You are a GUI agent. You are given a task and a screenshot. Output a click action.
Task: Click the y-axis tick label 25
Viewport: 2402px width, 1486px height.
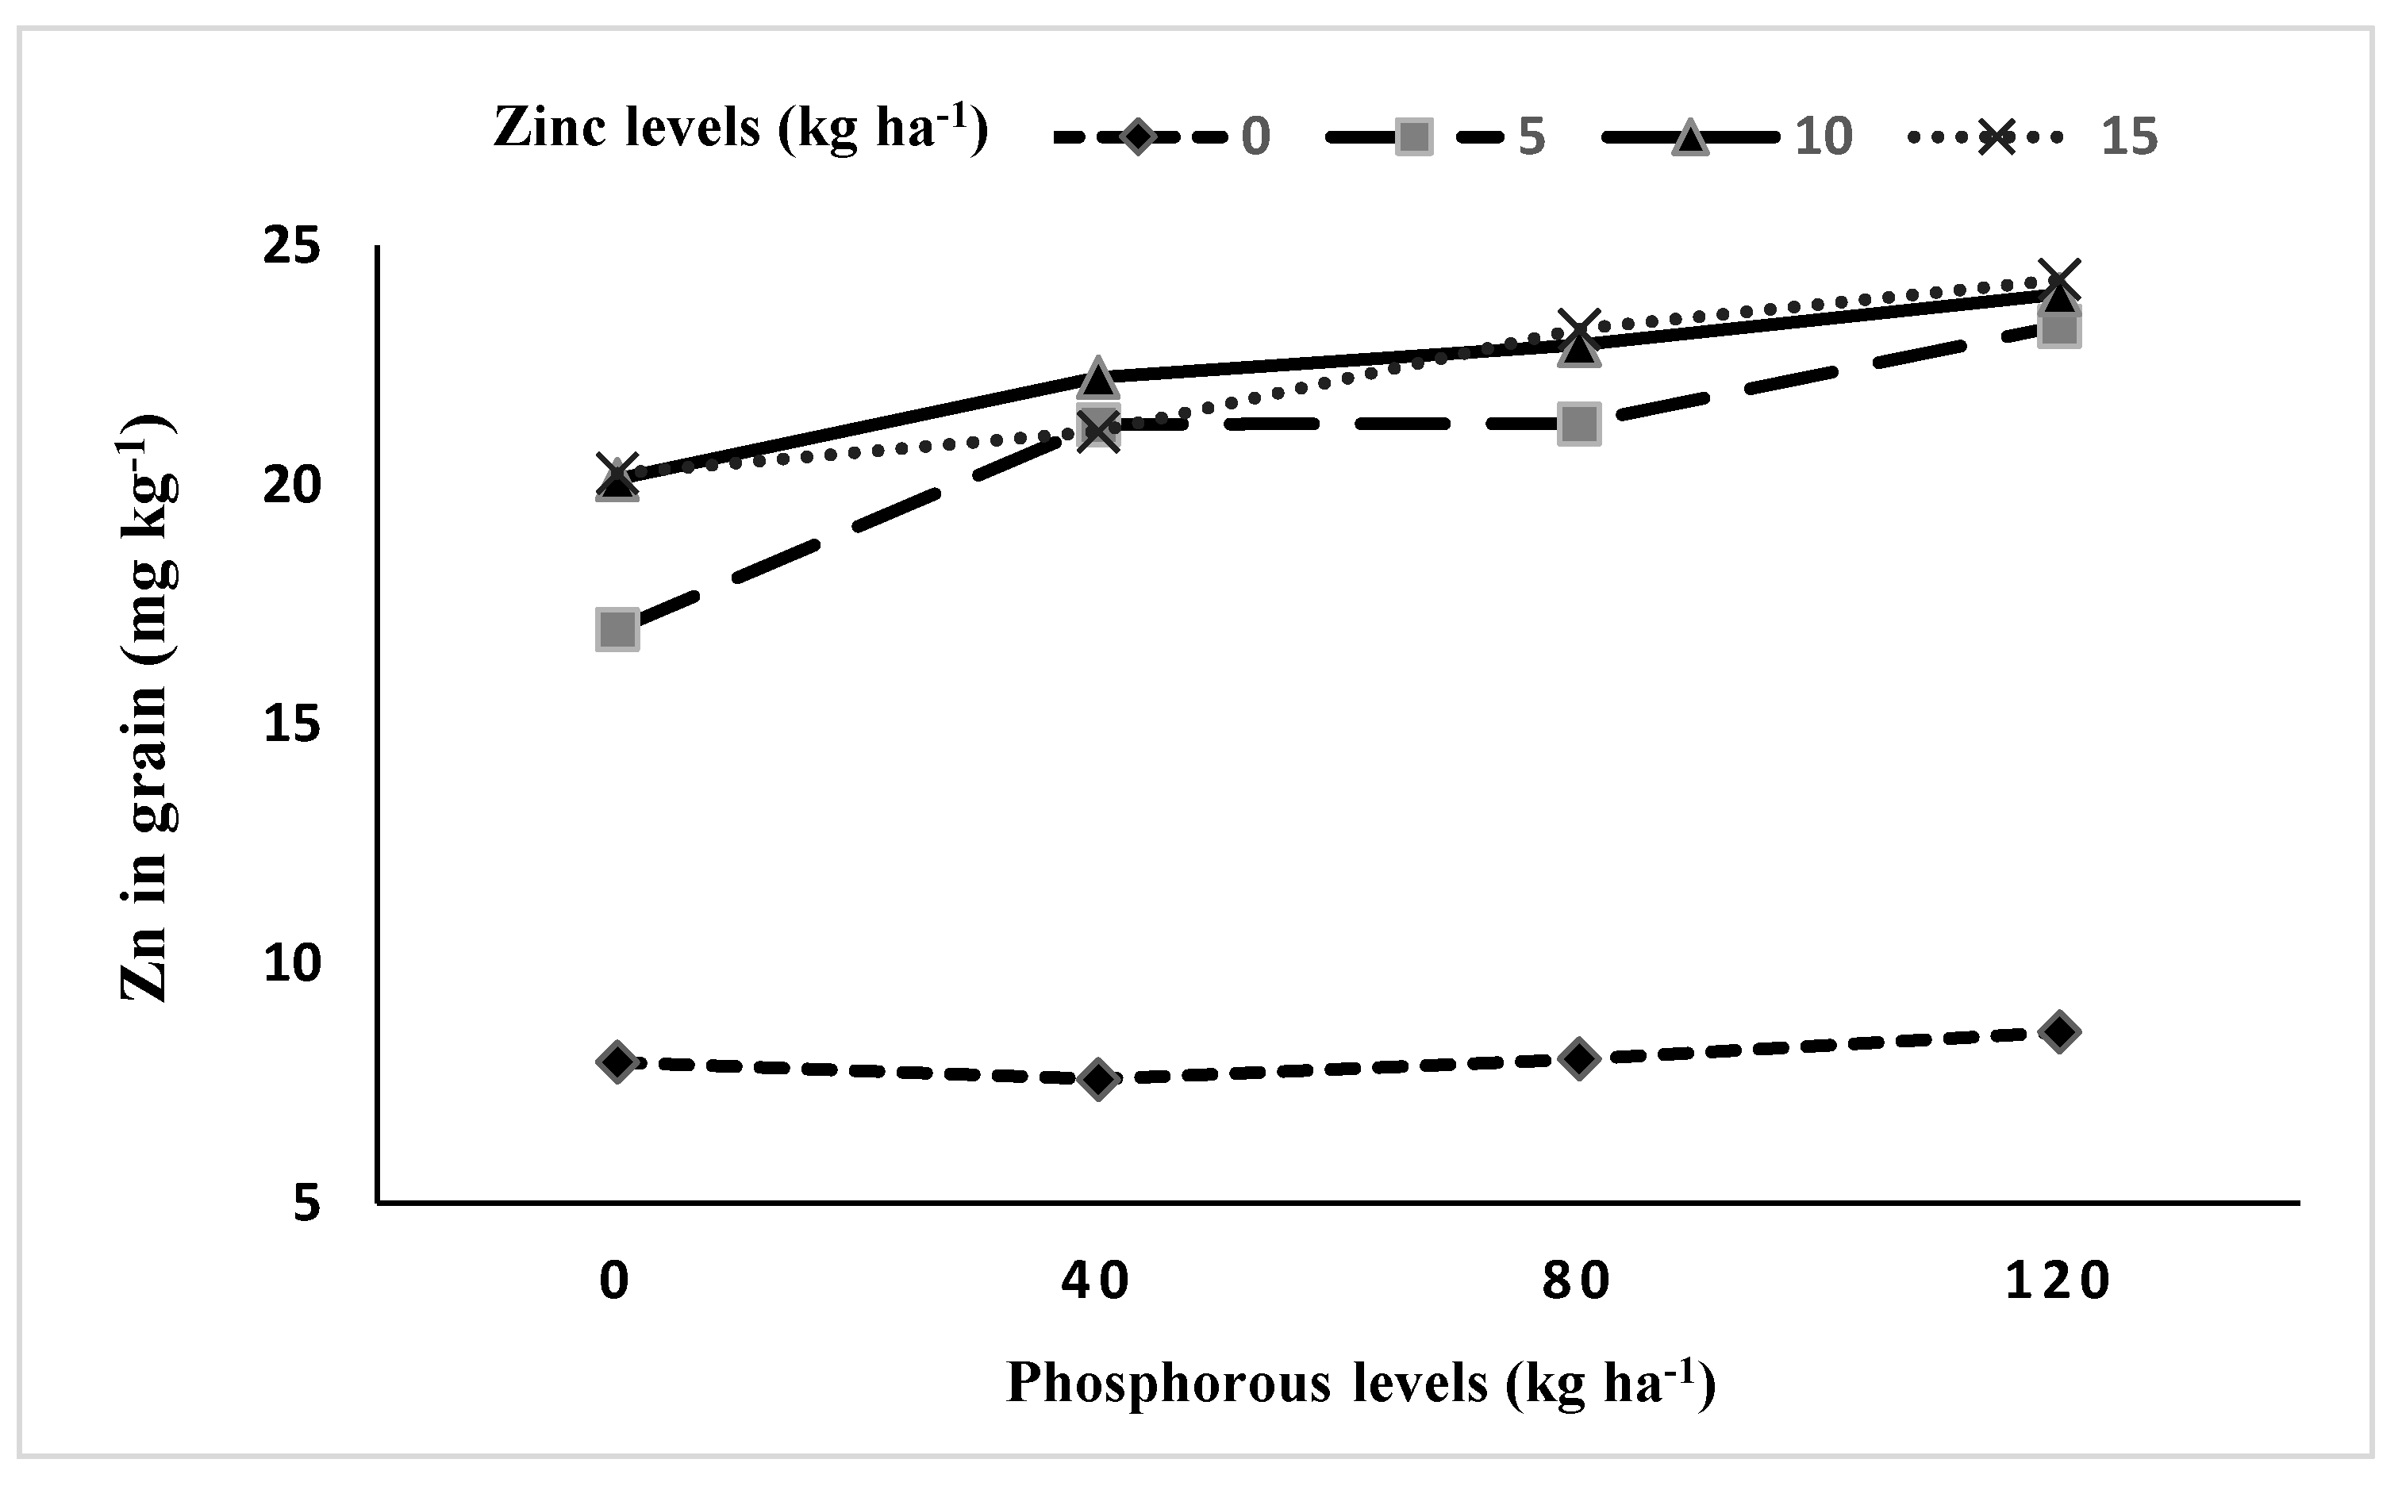[x=292, y=246]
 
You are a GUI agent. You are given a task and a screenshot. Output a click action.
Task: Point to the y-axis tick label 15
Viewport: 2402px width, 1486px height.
[x=292, y=724]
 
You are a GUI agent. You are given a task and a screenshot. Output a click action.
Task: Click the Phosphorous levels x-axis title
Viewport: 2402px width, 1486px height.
[x=1361, y=1384]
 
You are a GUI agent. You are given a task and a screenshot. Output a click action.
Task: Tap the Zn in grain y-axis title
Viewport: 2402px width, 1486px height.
[x=148, y=708]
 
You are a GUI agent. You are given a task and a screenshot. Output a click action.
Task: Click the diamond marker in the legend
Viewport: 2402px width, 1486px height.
[x=1137, y=136]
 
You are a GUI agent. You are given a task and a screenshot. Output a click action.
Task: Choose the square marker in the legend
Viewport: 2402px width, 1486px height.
[x=1413, y=136]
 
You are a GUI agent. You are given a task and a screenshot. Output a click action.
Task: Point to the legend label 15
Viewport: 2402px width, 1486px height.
[x=2129, y=136]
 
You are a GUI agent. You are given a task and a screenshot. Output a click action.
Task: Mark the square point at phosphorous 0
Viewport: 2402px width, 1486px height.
[x=617, y=629]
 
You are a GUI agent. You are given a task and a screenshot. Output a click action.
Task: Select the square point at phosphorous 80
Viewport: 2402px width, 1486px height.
[x=1578, y=424]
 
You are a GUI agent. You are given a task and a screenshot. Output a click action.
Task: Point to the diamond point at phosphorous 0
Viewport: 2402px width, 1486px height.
[x=617, y=1062]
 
